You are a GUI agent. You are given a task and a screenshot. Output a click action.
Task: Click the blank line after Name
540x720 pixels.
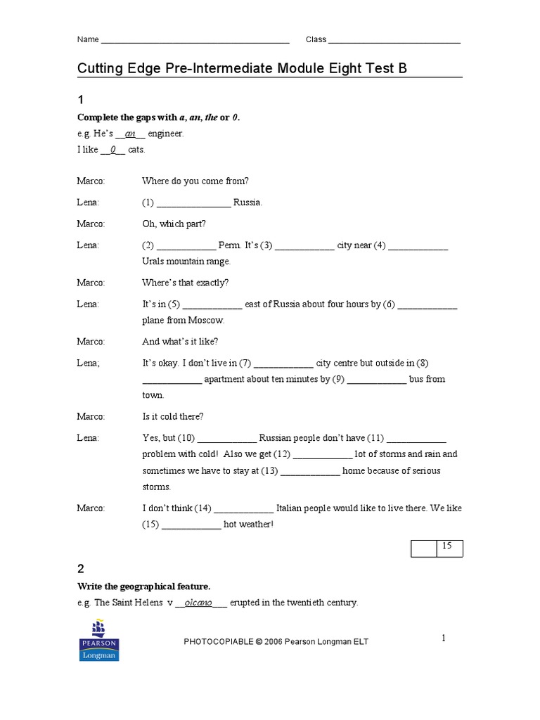[x=195, y=40]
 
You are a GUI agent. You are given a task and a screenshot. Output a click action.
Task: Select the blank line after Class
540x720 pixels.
[x=394, y=40]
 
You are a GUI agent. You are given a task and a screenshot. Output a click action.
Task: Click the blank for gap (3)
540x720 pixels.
[x=304, y=247]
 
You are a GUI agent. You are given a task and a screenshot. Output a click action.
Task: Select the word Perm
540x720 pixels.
[x=229, y=246]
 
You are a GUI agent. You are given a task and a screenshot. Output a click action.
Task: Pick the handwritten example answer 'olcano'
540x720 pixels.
[x=198, y=603]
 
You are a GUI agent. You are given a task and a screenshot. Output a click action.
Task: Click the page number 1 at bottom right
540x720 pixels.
[x=444, y=638]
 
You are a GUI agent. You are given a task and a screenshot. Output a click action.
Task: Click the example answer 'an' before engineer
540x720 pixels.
[x=129, y=134]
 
